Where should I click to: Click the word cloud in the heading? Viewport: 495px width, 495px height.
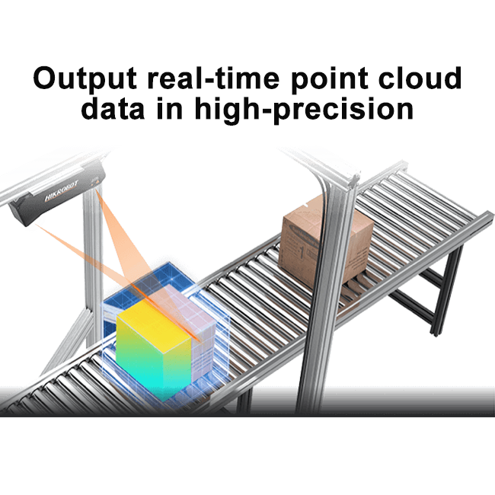pos(420,78)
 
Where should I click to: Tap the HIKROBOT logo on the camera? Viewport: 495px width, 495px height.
pos(62,192)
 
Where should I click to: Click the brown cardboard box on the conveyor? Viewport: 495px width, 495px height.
pos(326,239)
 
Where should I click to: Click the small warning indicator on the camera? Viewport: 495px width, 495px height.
pos(97,182)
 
